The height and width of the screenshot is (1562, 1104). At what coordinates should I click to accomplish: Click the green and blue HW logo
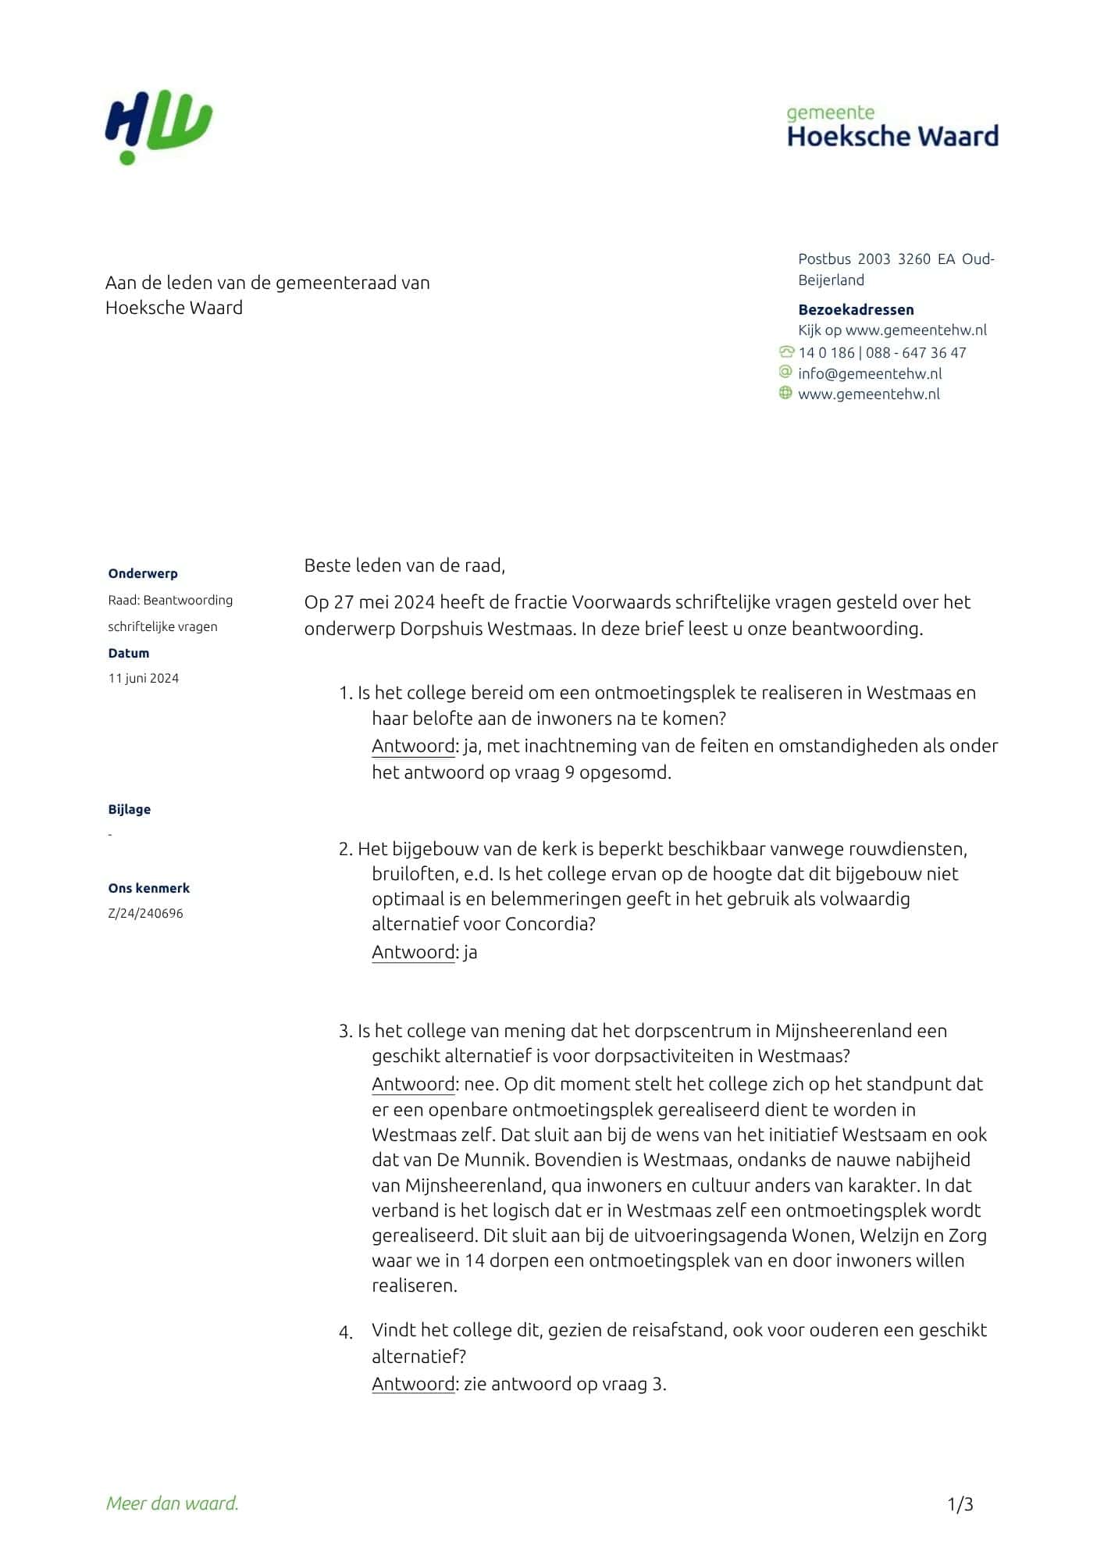pos(158,130)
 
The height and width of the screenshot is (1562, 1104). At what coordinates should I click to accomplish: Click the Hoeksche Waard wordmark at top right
pos(892,136)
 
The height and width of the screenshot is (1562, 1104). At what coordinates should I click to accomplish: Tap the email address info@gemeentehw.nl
pos(870,373)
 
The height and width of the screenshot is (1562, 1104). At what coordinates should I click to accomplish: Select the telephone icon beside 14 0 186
pos(786,352)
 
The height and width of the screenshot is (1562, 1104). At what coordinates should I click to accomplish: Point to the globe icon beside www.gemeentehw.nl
pos(785,393)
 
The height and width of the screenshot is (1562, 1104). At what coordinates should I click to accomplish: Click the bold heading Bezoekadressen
pos(856,309)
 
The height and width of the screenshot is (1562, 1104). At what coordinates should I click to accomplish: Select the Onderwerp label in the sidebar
pos(143,573)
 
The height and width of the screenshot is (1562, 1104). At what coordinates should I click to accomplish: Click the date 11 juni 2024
pos(144,678)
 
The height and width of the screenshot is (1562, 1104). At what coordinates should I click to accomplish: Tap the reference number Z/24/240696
pos(146,913)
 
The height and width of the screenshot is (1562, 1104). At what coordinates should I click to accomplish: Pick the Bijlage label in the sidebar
pos(130,809)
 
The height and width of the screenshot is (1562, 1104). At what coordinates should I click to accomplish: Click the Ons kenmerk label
pos(149,888)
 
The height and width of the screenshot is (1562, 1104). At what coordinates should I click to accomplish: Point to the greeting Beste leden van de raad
pos(404,565)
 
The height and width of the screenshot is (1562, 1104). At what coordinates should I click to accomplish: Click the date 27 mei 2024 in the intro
pos(370,602)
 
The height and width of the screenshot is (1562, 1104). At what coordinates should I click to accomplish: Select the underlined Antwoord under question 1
pos(413,746)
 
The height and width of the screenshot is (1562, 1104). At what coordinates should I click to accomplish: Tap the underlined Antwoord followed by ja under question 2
pos(413,952)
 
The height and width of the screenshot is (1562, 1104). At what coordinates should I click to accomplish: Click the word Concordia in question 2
pos(549,924)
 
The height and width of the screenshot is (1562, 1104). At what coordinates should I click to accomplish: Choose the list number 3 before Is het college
pos(345,1031)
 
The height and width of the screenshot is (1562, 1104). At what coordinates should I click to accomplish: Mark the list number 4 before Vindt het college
pos(346,1332)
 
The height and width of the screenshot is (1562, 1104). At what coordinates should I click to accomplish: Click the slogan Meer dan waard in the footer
pos(173,1503)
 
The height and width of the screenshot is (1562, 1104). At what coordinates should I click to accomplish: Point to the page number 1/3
pos(960,1504)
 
